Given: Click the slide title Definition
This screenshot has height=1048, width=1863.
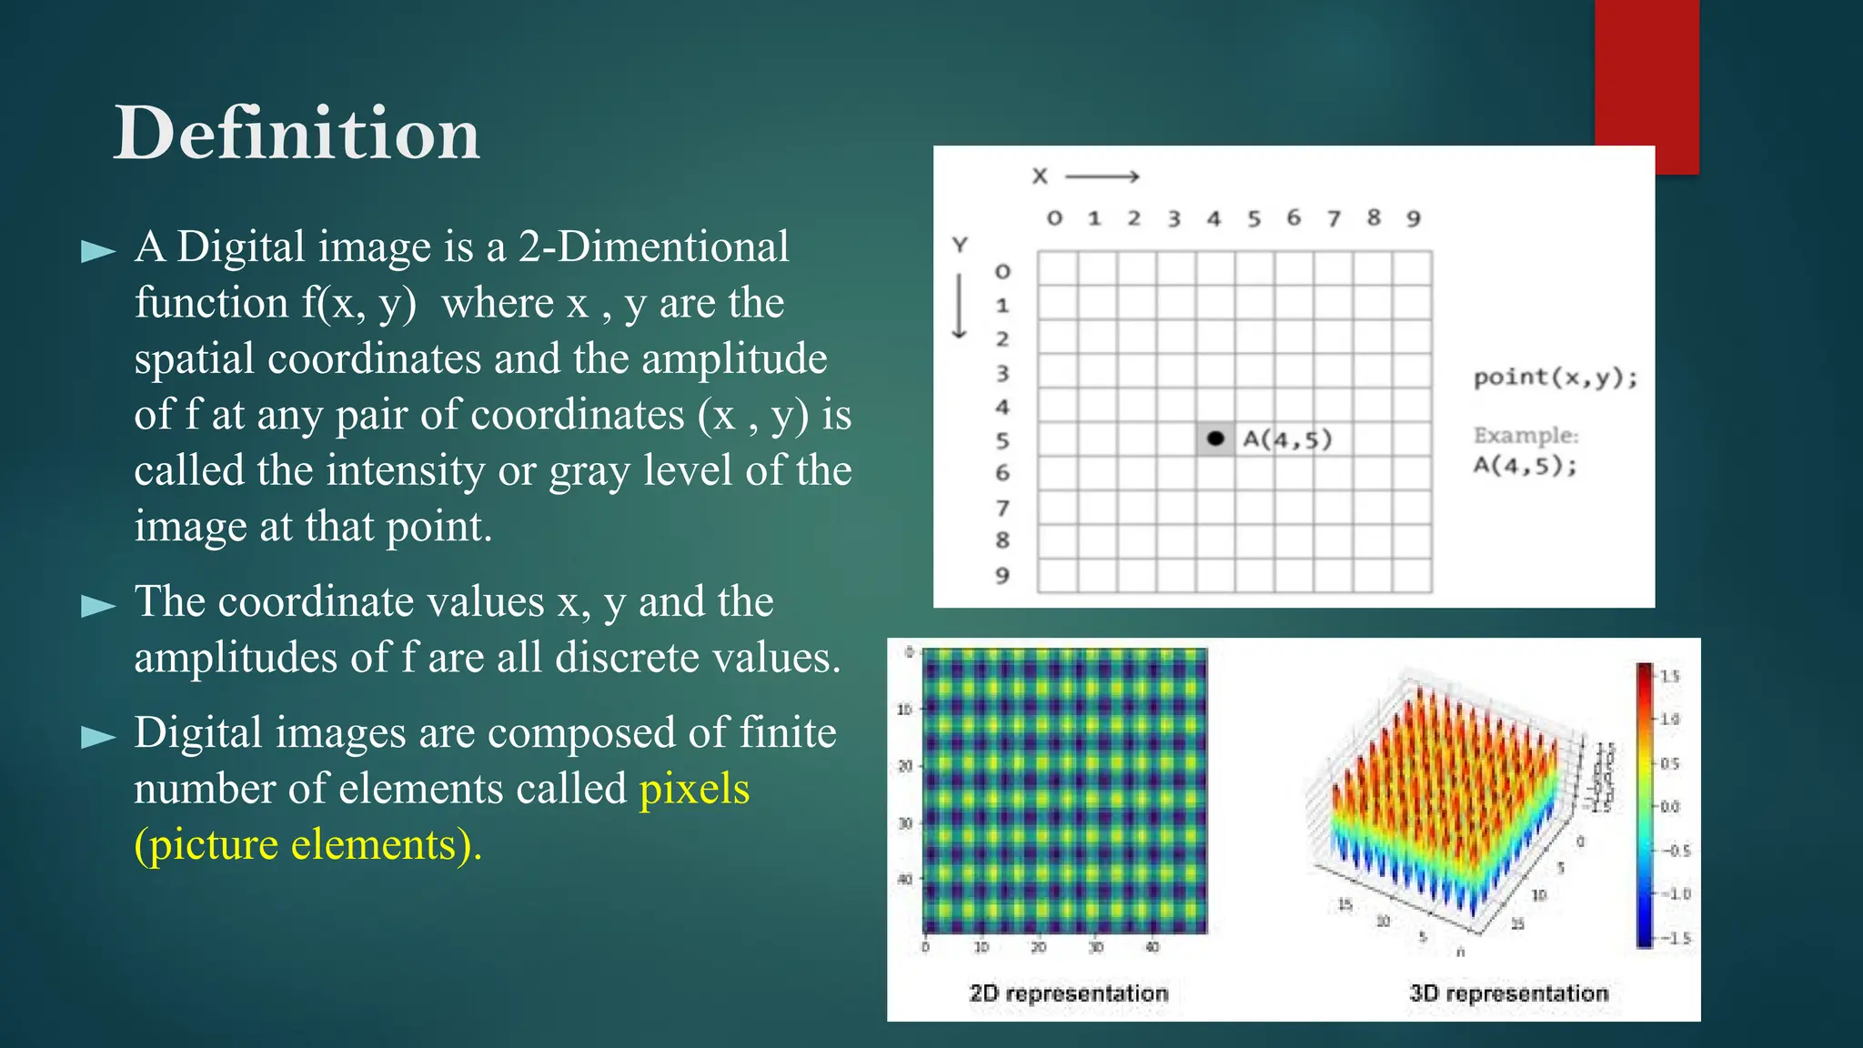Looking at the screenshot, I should pyautogui.click(x=297, y=134).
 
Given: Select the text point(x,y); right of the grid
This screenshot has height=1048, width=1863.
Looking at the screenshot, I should pyautogui.click(x=1555, y=378).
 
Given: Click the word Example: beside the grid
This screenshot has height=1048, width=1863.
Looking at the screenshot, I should pyautogui.click(x=1526, y=436).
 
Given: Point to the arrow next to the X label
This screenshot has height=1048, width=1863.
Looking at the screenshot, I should pyautogui.click(x=1102, y=176).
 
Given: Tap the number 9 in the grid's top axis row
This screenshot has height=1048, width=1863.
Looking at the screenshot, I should pyautogui.click(x=1413, y=219).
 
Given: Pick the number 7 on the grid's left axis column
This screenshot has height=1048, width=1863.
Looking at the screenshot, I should pyautogui.click(x=1002, y=508).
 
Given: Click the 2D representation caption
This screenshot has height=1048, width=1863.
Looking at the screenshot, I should pyautogui.click(x=1068, y=993).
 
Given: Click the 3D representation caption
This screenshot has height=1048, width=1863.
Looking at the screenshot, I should pyautogui.click(x=1508, y=993).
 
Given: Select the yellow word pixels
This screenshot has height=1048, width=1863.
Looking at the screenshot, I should pyautogui.click(x=694, y=789).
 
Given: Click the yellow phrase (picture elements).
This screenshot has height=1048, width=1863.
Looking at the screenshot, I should pyautogui.click(x=307, y=845).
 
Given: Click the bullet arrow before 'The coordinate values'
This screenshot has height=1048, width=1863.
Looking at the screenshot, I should pyautogui.click(x=98, y=606).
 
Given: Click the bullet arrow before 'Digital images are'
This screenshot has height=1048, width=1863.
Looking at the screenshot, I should pyautogui.click(x=98, y=737).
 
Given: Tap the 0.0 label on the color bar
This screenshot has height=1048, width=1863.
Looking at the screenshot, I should pyautogui.click(x=1669, y=807).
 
